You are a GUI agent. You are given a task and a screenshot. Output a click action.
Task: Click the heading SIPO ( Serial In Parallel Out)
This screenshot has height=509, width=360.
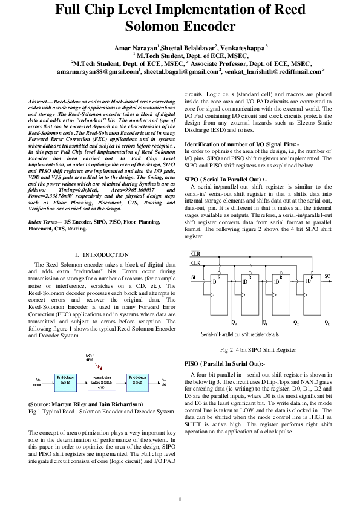(x=223, y=180)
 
